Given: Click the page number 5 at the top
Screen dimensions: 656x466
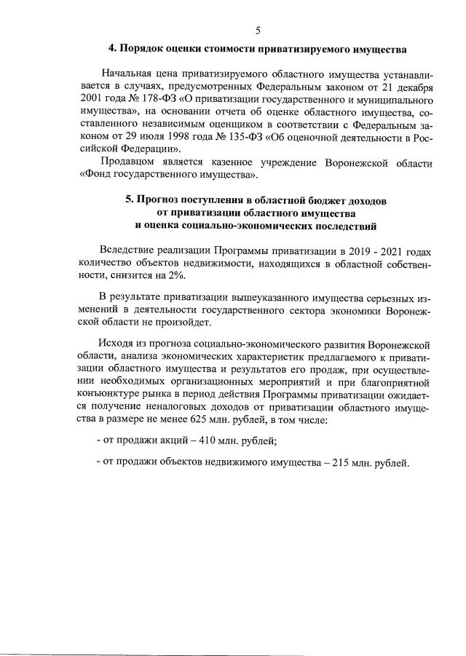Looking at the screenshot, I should coord(258,30).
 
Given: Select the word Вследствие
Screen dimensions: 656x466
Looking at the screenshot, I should coord(127,249).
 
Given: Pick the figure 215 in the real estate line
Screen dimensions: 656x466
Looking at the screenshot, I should coord(344,463).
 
